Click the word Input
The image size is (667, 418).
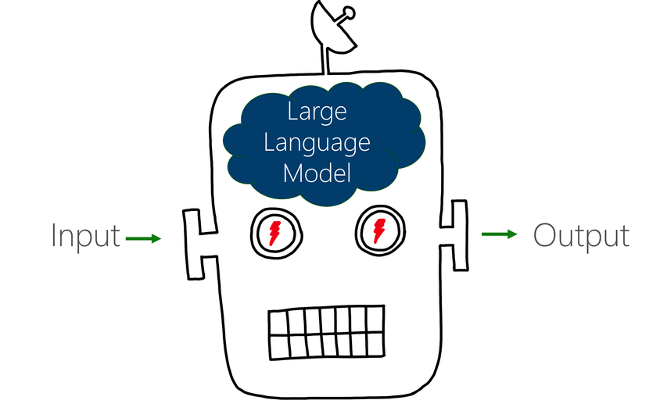point(86,235)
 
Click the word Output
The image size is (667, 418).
point(581,235)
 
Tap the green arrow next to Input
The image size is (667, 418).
point(143,238)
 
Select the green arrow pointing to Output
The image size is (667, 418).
point(499,234)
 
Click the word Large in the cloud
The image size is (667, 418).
point(317,113)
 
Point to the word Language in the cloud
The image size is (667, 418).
point(316,142)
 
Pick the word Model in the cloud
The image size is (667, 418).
point(317,172)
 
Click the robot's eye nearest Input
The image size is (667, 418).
point(276,231)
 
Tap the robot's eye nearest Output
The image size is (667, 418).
point(380,230)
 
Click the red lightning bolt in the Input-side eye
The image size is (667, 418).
point(276,231)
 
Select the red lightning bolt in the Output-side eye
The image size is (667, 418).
point(380,230)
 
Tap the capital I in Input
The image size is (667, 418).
point(55,235)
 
